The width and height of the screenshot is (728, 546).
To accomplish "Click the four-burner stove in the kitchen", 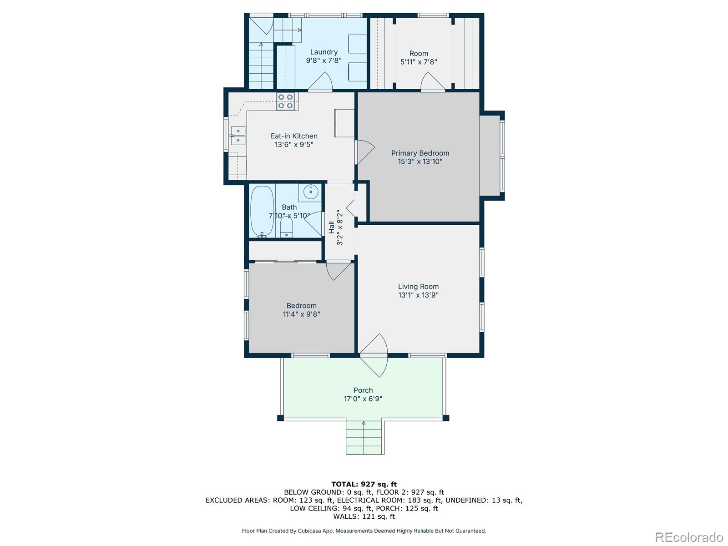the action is [286, 101].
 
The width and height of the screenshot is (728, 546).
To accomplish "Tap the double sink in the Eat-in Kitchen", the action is [238, 136].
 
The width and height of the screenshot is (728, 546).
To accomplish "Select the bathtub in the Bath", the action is [262, 212].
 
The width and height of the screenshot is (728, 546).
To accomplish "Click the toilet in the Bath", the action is [287, 227].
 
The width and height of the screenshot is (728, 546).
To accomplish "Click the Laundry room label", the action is [324, 52].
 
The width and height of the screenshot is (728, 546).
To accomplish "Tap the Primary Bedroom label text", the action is [420, 153].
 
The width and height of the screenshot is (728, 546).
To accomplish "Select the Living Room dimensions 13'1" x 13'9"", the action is [418, 295].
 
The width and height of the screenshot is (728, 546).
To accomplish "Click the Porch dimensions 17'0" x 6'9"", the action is [363, 399].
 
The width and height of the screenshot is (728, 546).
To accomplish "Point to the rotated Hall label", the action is [331, 227].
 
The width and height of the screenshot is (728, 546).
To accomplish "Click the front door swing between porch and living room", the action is [374, 355].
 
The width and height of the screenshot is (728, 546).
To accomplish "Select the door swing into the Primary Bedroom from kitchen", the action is [365, 152].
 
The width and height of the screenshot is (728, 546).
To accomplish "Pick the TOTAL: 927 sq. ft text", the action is [364, 484].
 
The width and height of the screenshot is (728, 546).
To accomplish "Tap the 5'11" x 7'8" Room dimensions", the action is [419, 62].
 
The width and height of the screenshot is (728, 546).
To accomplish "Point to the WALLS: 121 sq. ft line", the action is [364, 516].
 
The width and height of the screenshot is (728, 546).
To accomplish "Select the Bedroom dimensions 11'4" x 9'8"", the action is [301, 314].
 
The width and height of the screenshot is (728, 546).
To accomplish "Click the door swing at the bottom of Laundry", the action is [320, 81].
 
